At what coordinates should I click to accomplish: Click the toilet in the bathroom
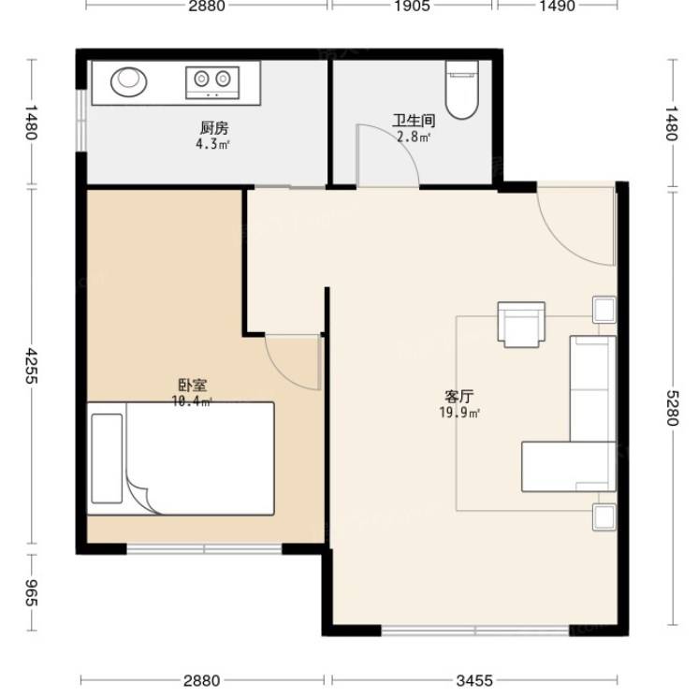pyautogui.click(x=462, y=90)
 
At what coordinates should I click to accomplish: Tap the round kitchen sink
pyautogui.click(x=128, y=82)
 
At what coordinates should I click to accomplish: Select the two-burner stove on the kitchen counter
pyautogui.click(x=212, y=82)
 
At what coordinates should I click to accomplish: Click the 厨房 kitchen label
pyautogui.click(x=214, y=128)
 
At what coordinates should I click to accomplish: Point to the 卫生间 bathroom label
pyautogui.click(x=414, y=121)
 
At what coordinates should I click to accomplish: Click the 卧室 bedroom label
pyautogui.click(x=193, y=385)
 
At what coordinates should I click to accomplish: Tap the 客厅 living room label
pyautogui.click(x=459, y=396)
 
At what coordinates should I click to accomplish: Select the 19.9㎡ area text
pyautogui.click(x=459, y=413)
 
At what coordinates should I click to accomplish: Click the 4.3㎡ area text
pyautogui.click(x=212, y=144)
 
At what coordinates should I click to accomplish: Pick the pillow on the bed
pyautogui.click(x=107, y=458)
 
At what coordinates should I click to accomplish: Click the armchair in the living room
pyautogui.click(x=521, y=324)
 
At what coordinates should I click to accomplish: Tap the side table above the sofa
pyautogui.click(x=604, y=310)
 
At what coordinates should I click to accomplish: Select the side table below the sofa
pyautogui.click(x=604, y=516)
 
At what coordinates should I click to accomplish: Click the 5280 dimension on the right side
pyautogui.click(x=672, y=408)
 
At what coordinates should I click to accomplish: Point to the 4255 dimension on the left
pyautogui.click(x=31, y=366)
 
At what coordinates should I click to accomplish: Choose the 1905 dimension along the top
pyautogui.click(x=413, y=6)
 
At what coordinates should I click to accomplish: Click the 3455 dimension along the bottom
pyautogui.click(x=474, y=680)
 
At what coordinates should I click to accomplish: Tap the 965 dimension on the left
pyautogui.click(x=30, y=593)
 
